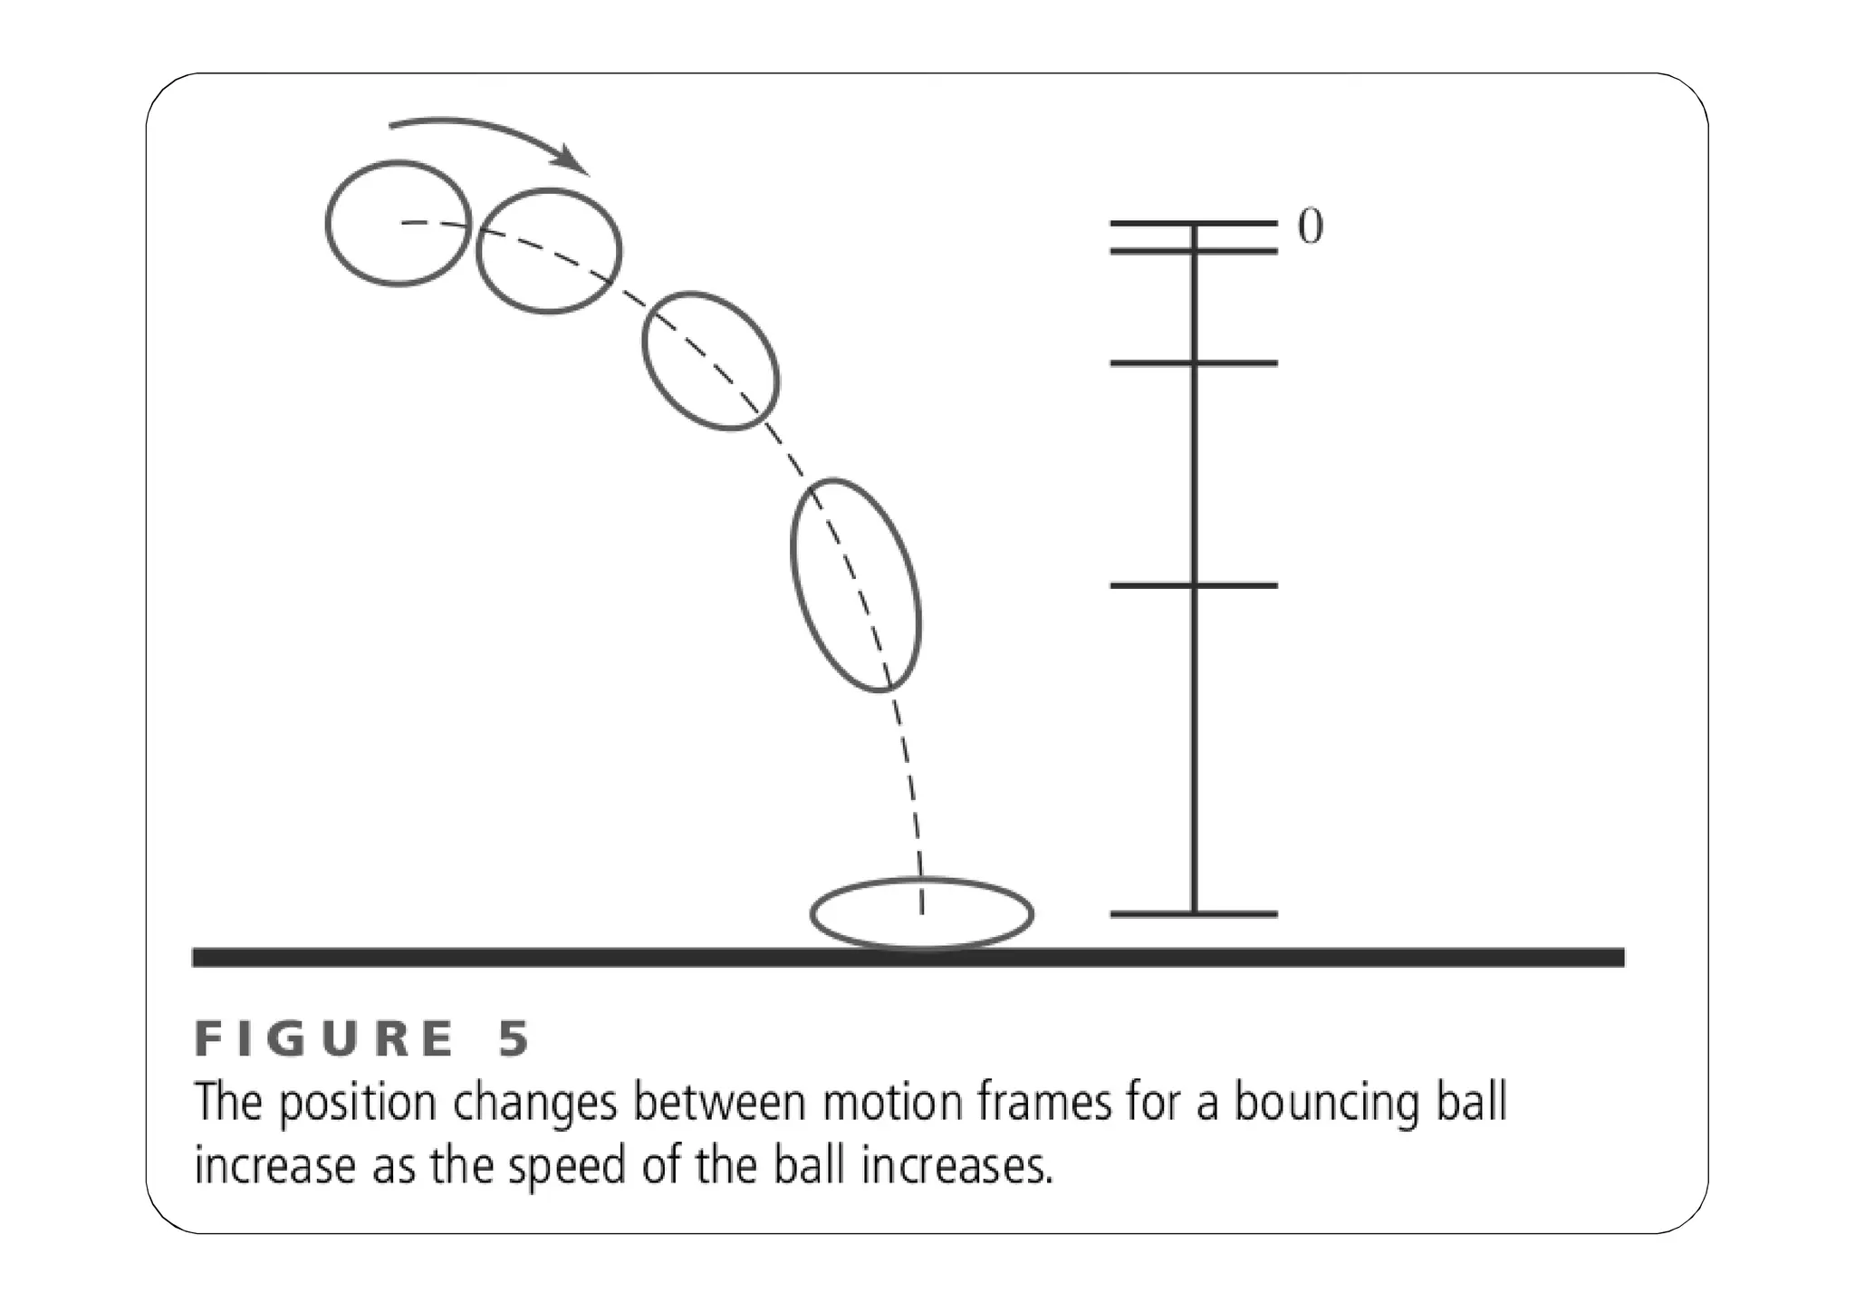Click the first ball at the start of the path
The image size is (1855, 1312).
(x=399, y=224)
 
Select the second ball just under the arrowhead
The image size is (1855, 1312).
(x=549, y=251)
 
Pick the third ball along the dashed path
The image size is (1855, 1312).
(x=710, y=361)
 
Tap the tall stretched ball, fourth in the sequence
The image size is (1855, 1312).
(x=856, y=585)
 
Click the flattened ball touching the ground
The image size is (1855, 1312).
(x=922, y=914)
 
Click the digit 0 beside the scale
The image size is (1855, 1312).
(x=1310, y=226)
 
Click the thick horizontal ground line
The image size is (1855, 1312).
(x=543, y=958)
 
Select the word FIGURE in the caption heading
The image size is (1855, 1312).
(x=323, y=1039)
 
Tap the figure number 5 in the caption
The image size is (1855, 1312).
(x=514, y=1039)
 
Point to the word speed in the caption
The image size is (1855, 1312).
(x=566, y=1166)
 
